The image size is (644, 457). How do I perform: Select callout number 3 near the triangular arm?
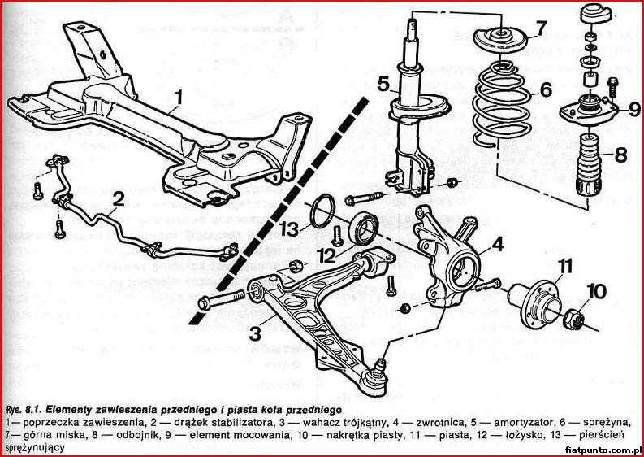click(254, 332)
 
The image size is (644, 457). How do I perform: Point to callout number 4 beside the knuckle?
click(496, 243)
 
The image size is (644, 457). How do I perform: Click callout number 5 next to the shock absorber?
click(383, 83)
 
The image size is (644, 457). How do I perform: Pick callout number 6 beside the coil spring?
click(545, 89)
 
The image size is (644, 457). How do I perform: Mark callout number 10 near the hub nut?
click(596, 289)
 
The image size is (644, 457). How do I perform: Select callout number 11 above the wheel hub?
click(564, 263)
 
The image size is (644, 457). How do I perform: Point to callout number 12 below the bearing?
click(326, 255)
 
